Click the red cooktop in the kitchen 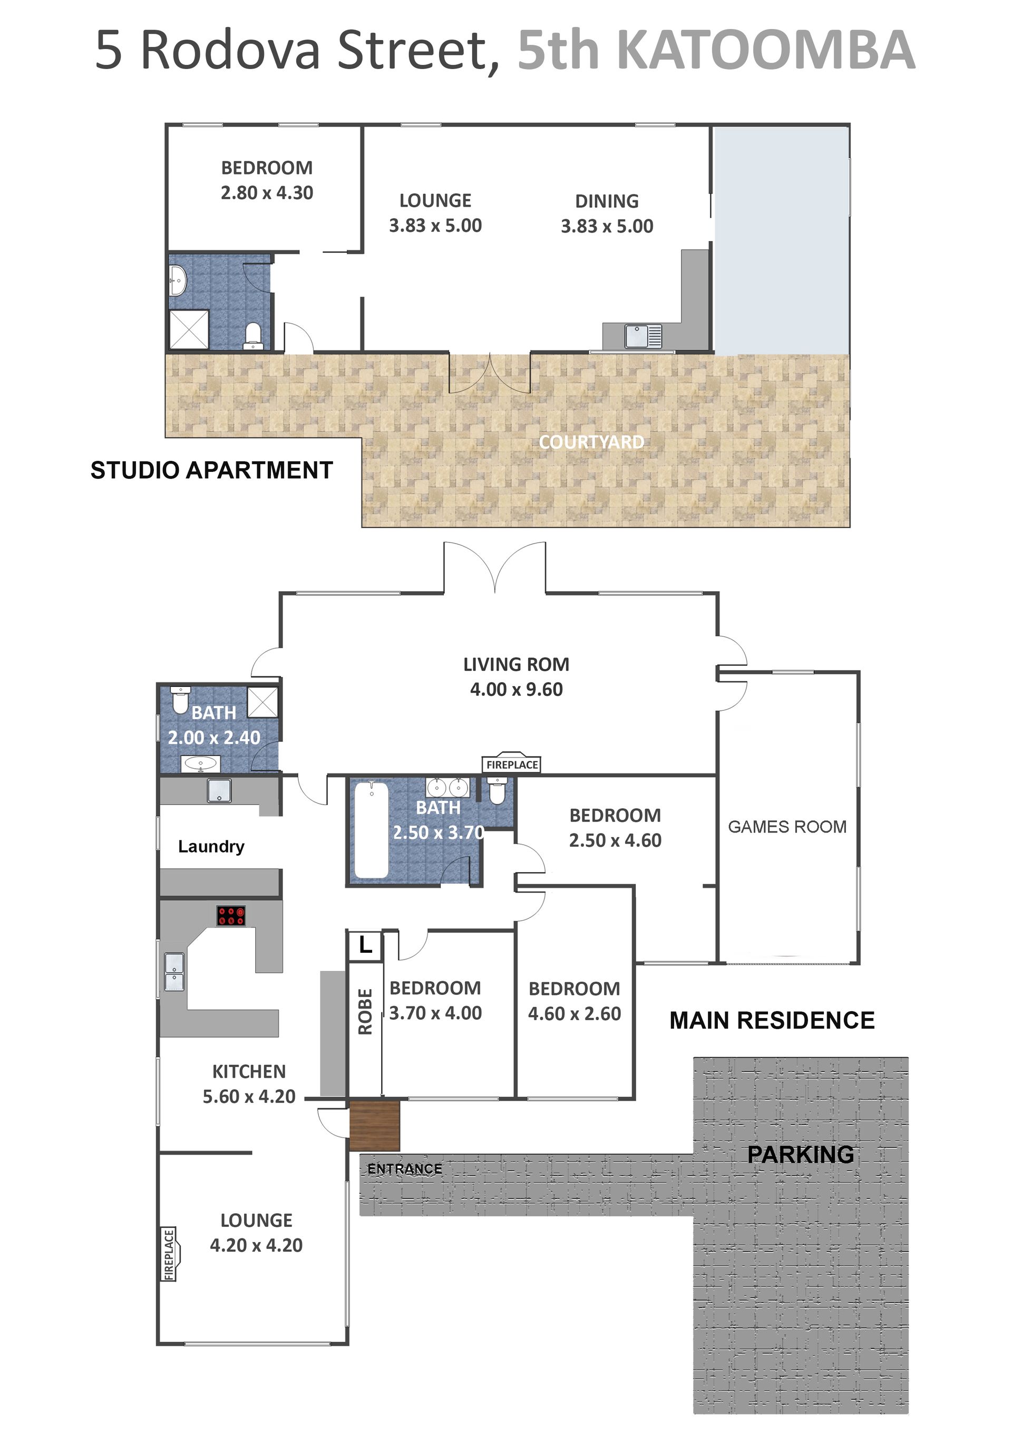231,916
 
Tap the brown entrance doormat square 374,1126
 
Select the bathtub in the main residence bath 372,830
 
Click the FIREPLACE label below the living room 512,765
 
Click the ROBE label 365,1012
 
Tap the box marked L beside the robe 365,945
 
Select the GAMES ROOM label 787,827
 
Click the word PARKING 801,1155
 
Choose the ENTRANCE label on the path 405,1169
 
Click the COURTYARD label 591,442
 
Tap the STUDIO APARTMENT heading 211,470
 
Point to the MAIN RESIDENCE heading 772,1020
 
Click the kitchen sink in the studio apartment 644,337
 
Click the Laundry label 211,846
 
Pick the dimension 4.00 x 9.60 517,689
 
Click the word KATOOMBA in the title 767,50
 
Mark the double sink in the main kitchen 174,972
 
